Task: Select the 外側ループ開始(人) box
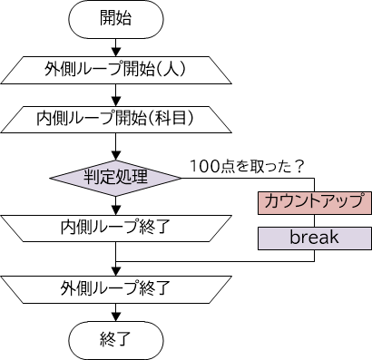[x=116, y=69]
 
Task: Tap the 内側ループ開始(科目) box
[x=116, y=118]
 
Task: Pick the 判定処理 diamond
[x=116, y=175]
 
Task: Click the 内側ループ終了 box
[x=116, y=225]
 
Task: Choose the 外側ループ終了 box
[x=116, y=290]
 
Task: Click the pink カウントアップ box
[x=314, y=201]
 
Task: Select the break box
[x=314, y=238]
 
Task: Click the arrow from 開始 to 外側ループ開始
[x=116, y=46]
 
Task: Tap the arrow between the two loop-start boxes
[x=116, y=94]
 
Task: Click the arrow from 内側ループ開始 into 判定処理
[x=116, y=144]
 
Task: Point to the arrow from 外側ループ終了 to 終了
[x=116, y=314]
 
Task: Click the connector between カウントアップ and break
[x=314, y=219]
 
